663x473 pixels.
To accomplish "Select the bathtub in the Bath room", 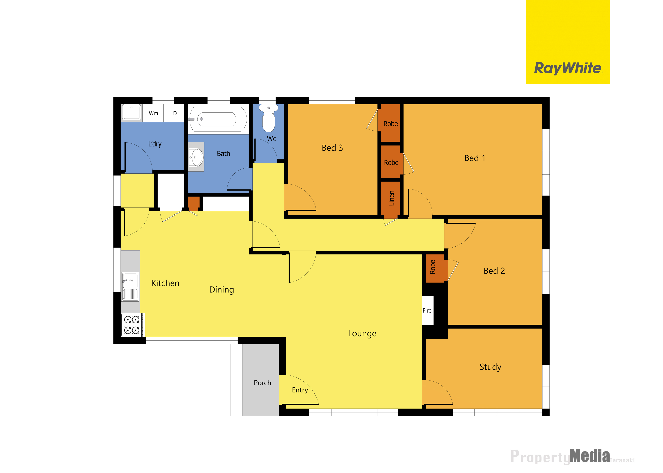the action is pos(218,119).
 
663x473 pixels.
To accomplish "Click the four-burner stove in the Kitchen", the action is pos(133,325).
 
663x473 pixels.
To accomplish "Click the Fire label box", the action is pos(427,310).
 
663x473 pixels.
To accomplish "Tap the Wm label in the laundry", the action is pos(153,113).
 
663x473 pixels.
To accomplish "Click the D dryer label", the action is pos(175,113).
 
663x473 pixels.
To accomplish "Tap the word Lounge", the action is pos(362,333).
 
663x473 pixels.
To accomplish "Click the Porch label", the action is pos(262,383).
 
